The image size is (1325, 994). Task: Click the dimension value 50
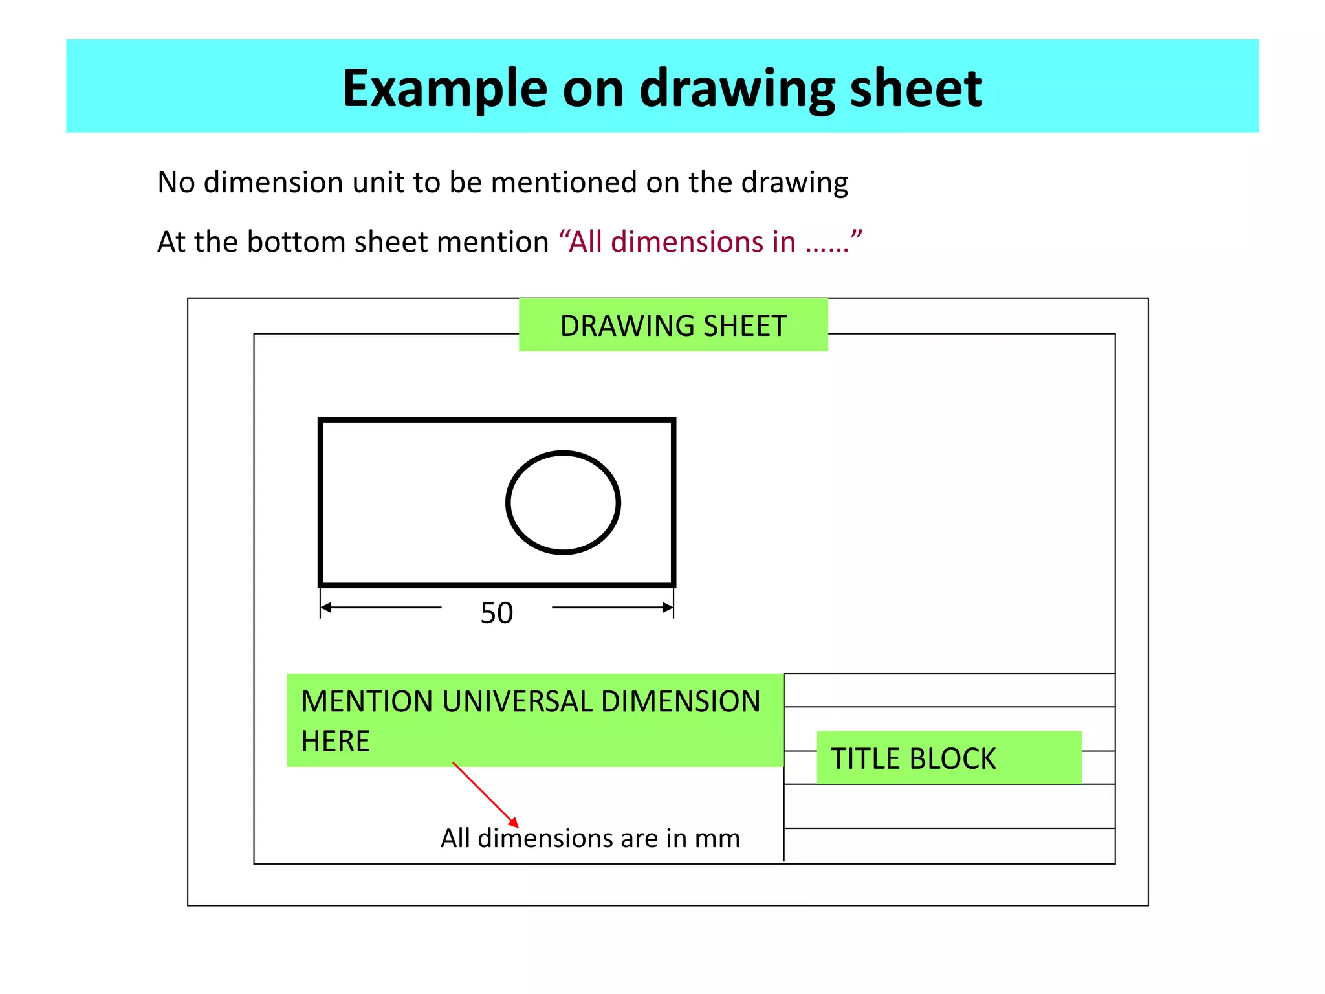(496, 613)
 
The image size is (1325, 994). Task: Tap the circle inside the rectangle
(563, 503)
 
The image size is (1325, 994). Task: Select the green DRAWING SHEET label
(673, 326)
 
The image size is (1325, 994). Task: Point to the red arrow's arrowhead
(514, 823)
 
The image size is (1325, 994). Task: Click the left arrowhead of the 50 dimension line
(326, 607)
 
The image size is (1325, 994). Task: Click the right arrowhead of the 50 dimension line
(668, 607)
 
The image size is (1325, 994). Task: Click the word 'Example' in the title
(444, 89)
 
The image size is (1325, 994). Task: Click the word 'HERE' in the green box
(335, 741)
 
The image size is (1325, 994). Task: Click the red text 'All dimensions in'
(683, 242)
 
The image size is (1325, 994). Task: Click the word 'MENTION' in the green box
(367, 701)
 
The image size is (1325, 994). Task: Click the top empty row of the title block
(948, 690)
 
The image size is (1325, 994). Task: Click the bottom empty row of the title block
(948, 845)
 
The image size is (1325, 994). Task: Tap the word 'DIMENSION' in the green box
(681, 701)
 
